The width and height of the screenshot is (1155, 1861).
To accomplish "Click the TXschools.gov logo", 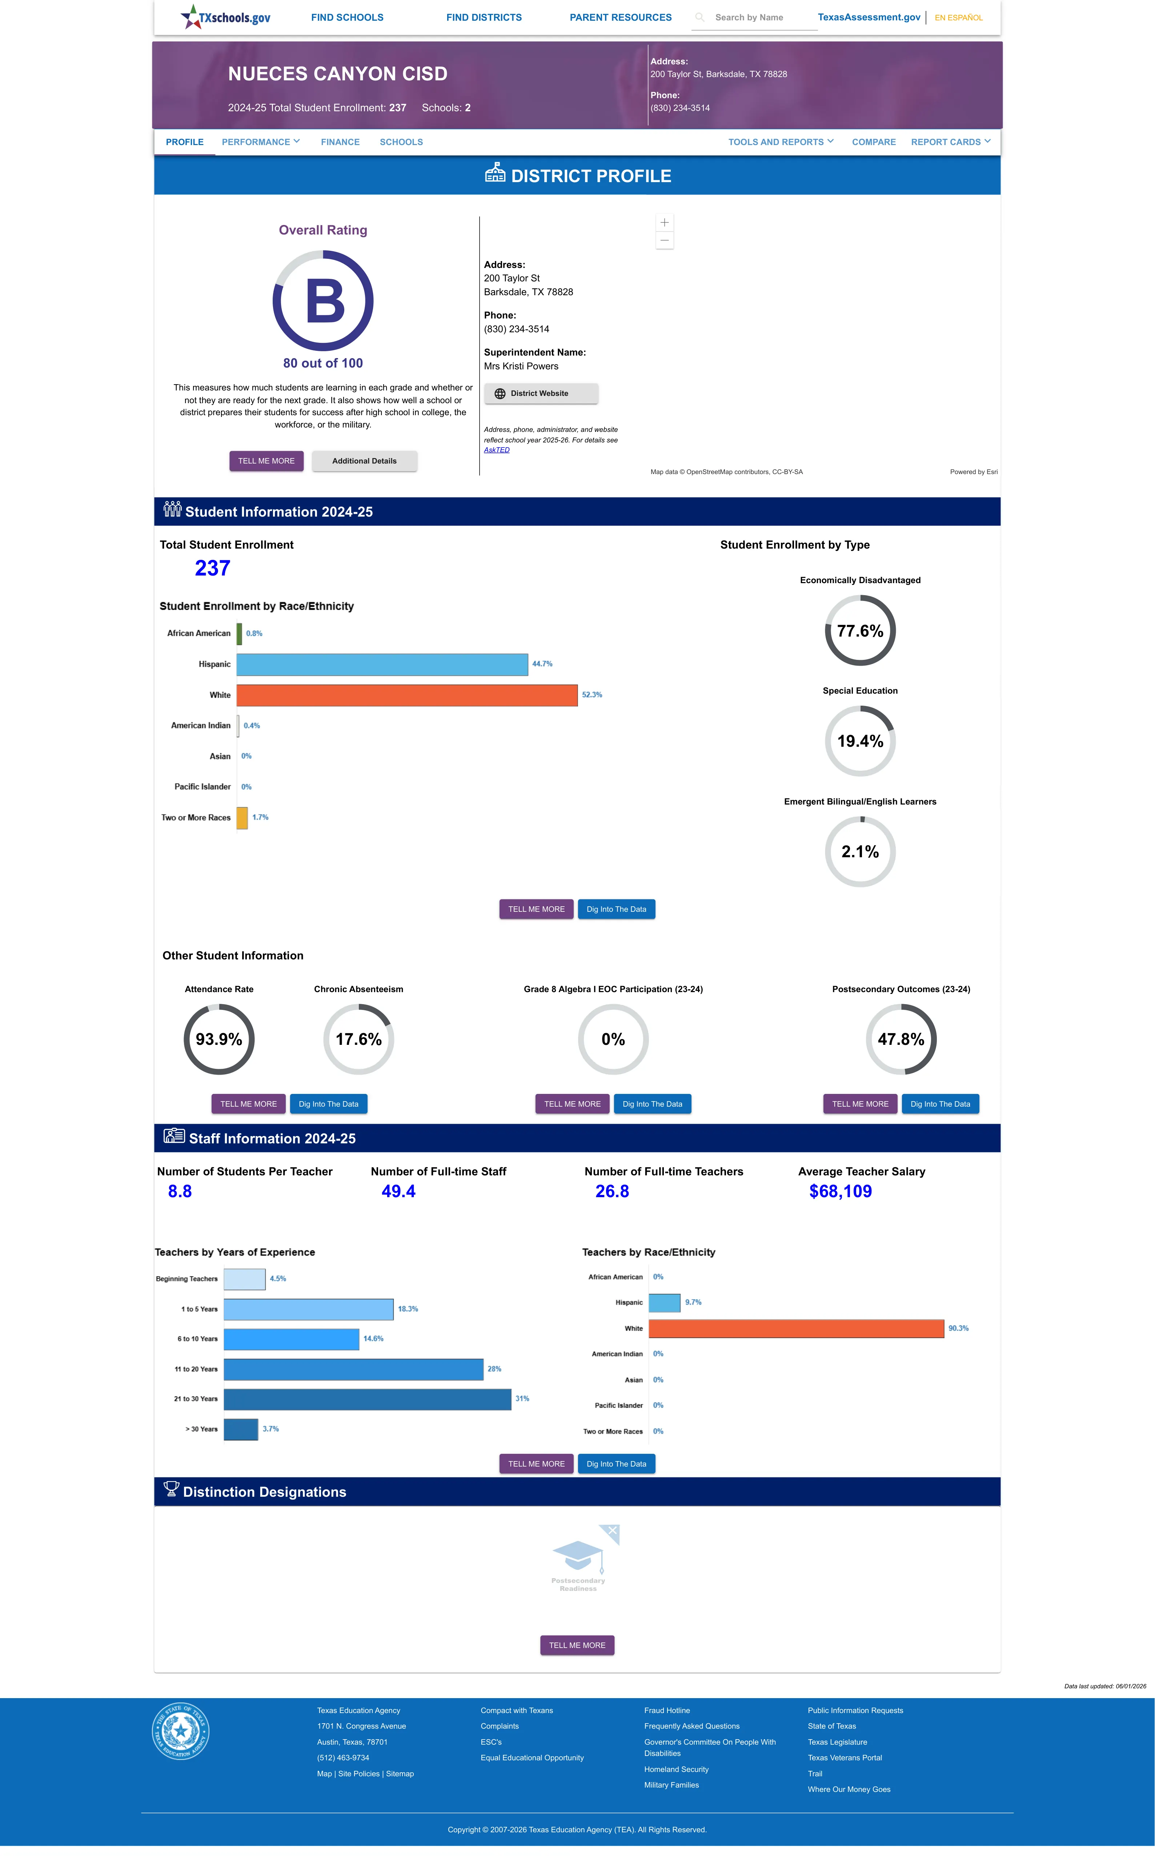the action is coord(225,17).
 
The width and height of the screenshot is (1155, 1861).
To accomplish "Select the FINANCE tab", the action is coord(340,142).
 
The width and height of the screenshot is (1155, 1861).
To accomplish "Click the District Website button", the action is coord(541,393).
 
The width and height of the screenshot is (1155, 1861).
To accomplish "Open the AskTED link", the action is coord(497,450).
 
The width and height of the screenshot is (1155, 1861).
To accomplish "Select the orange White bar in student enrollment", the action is coord(407,695).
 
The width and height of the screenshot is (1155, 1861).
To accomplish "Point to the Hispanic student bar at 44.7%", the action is coord(382,664).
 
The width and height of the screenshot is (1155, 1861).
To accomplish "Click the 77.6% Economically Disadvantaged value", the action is coord(860,631).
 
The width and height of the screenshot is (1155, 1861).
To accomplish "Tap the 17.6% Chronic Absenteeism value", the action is coord(358,1039).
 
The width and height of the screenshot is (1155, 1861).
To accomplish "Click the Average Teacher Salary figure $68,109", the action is coord(840,1191).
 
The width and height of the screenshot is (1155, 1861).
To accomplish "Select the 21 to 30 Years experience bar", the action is coord(368,1399).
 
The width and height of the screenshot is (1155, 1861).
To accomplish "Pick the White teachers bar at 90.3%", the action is coord(796,1329).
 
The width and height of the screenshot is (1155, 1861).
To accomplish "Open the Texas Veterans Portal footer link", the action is coord(845,1758).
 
